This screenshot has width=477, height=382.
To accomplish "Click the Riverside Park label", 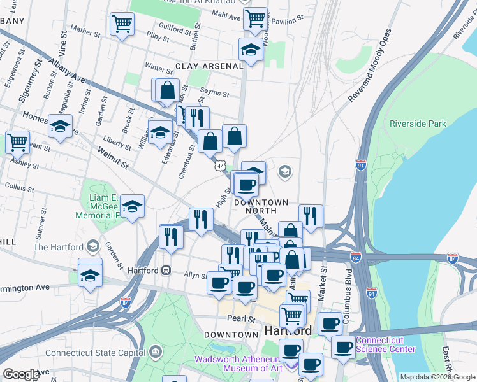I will coord(418,124).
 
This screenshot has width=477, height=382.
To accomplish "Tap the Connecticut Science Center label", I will coord(385,344).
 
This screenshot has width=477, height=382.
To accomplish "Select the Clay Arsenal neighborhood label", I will coord(210,66).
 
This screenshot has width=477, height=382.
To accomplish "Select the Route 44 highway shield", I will coord(221,166).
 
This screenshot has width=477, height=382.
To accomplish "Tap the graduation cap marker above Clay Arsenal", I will coord(251,50).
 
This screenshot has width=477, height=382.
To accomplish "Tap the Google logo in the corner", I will coord(21,374).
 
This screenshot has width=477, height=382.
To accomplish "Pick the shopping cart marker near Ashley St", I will coord(17,141).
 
